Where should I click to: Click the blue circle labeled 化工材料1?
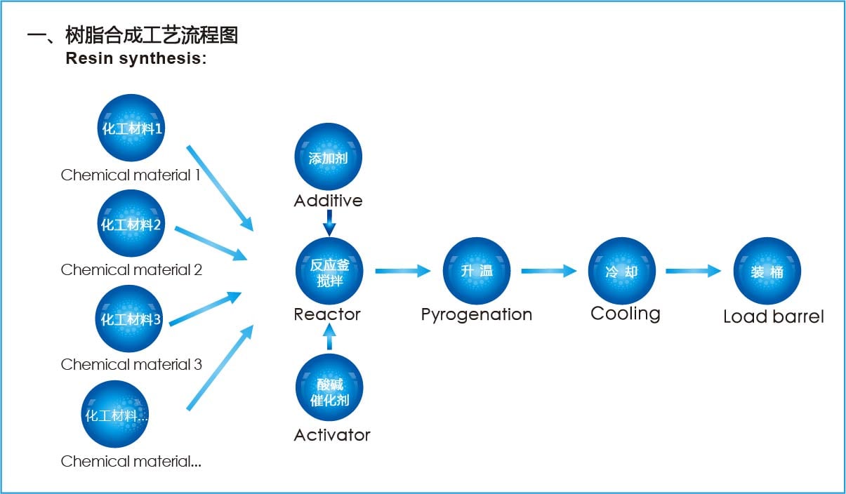click(x=131, y=128)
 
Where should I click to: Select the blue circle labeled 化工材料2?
click(x=131, y=223)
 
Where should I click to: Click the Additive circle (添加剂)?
click(x=328, y=157)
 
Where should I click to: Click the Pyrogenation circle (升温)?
click(x=476, y=271)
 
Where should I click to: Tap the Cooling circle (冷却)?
click(x=621, y=271)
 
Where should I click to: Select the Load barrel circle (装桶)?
click(x=767, y=271)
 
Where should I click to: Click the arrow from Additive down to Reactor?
click(x=329, y=224)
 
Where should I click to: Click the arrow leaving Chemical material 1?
click(x=220, y=187)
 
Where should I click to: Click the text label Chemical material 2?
click(x=131, y=269)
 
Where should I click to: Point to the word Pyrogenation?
click(x=476, y=314)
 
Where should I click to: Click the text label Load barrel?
click(x=773, y=316)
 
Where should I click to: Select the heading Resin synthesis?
click(x=136, y=59)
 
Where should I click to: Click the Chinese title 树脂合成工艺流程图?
click(x=151, y=35)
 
